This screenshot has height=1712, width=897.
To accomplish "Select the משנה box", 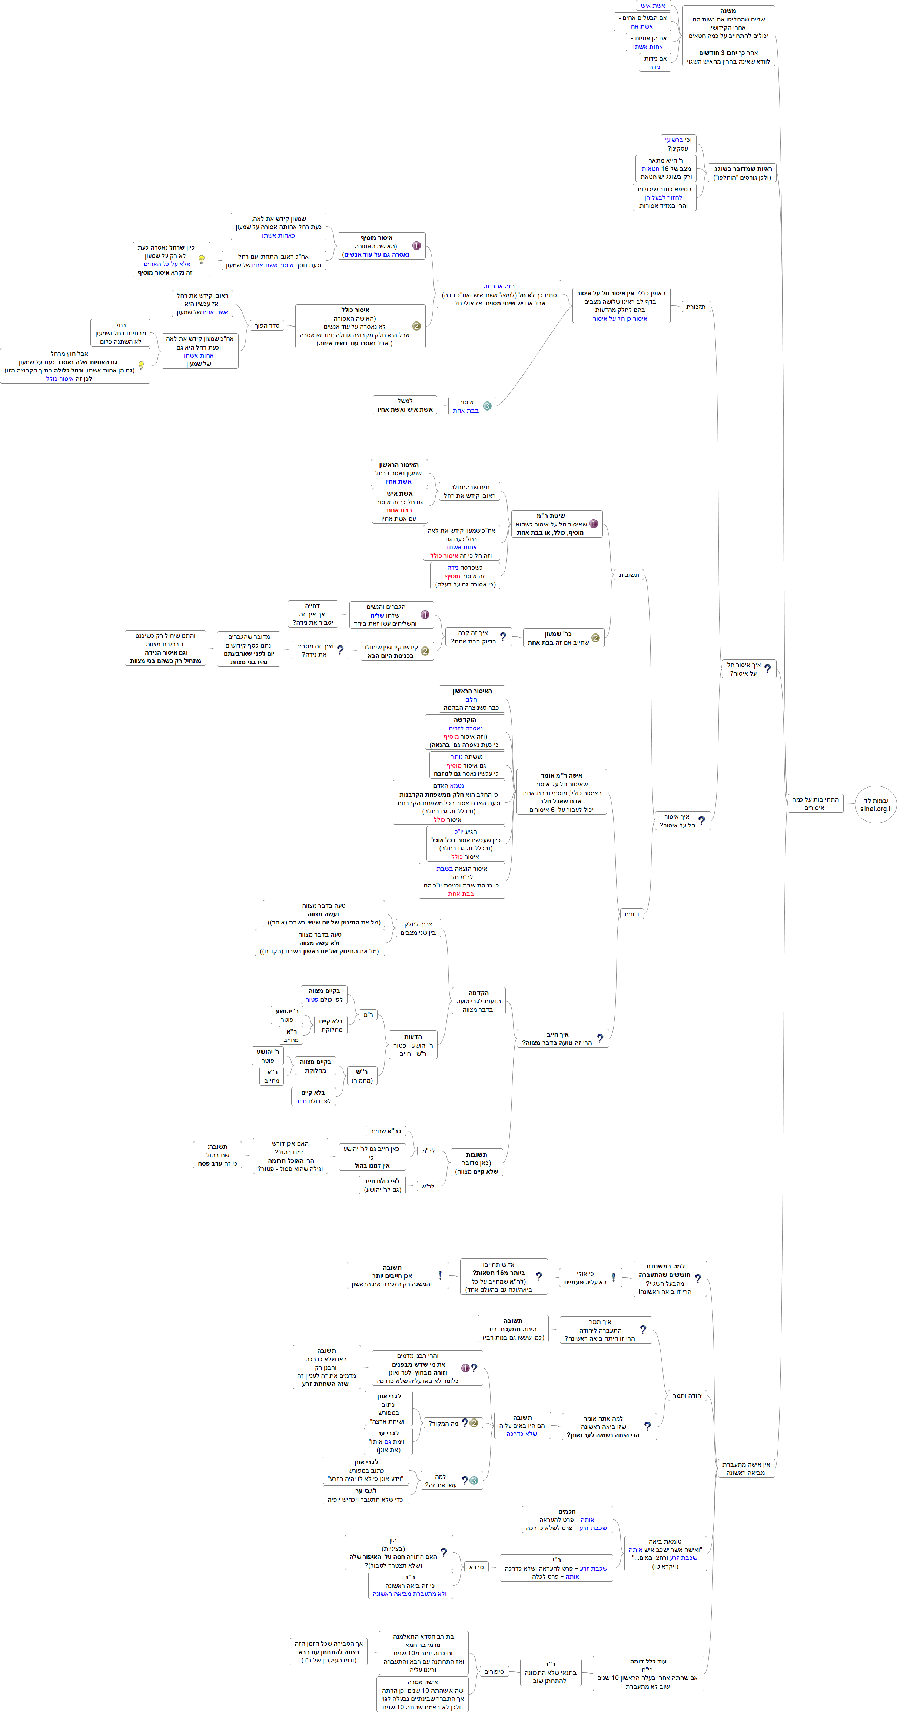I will click(728, 36).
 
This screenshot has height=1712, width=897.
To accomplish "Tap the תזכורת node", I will click(695, 307).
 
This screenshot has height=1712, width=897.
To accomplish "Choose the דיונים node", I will click(632, 914).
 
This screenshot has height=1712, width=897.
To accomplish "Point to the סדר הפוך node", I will click(267, 326).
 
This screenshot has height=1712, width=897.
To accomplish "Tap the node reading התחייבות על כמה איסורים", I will click(815, 803).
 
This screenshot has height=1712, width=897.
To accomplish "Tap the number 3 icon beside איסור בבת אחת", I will click(487, 406).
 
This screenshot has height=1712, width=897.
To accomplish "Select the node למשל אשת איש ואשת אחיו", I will click(405, 405).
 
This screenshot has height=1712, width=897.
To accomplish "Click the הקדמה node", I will click(478, 1001).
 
